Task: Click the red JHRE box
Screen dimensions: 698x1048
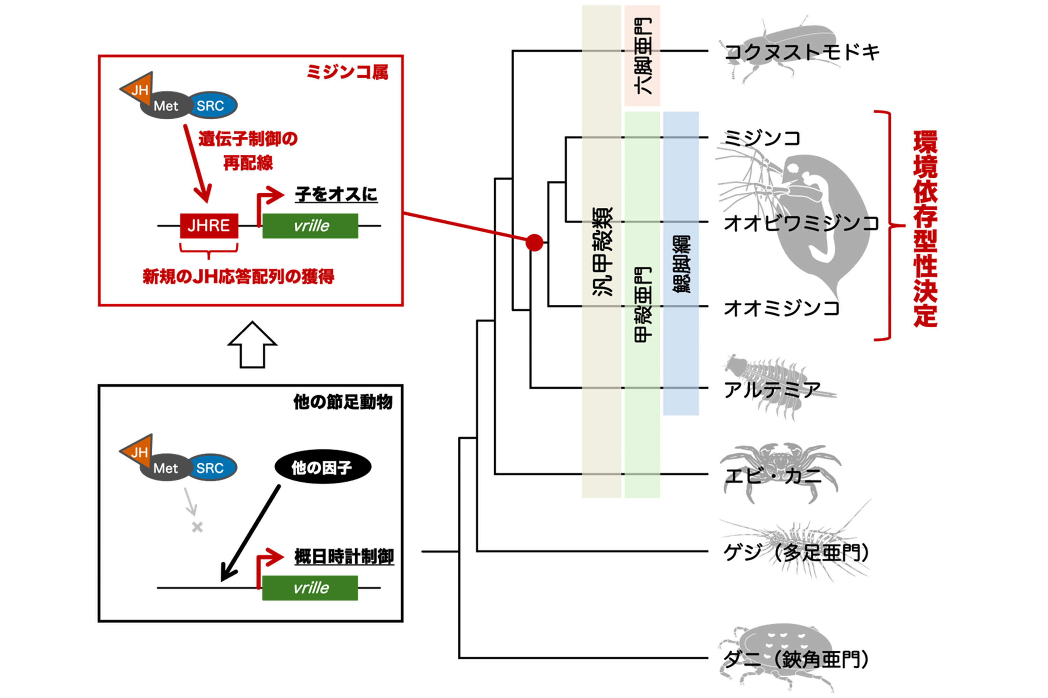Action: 209,226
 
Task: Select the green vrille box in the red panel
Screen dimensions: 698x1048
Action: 310,226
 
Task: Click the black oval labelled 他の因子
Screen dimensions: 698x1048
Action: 322,467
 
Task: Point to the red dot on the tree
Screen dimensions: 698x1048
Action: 534,243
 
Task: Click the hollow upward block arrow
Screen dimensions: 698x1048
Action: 252,345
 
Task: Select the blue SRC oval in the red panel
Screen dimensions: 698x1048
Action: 211,105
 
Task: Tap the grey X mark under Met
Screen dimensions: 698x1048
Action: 197,527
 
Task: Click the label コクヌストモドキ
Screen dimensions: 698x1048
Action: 802,52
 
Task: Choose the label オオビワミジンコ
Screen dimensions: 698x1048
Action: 801,223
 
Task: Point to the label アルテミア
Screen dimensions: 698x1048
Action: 771,390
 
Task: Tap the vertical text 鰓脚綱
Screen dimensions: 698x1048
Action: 681,263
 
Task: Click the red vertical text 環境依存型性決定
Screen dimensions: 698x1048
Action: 925,228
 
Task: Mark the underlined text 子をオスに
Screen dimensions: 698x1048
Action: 336,194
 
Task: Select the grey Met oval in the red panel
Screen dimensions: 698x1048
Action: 165,106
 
